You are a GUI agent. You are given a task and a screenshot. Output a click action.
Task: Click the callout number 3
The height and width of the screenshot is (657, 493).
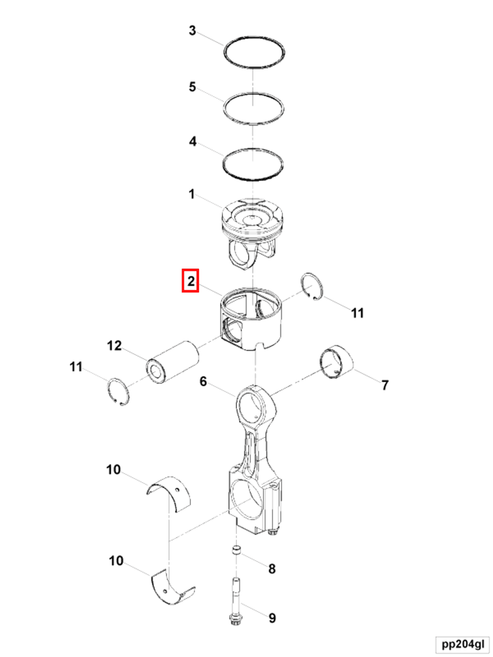192,31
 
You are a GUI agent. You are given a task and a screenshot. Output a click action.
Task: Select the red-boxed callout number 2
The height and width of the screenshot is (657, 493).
190,281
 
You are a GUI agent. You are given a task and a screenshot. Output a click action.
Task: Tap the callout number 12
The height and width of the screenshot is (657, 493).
114,346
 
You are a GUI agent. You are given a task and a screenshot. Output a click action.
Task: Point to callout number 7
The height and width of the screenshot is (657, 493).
385,385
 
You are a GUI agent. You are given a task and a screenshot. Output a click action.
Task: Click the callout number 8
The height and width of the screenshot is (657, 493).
272,569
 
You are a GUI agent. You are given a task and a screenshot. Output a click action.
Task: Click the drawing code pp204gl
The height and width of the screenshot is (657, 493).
463,645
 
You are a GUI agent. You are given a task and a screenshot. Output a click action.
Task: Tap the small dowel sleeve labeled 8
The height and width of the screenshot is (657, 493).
236,550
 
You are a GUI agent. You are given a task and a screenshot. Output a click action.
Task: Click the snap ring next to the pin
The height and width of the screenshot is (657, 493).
118,392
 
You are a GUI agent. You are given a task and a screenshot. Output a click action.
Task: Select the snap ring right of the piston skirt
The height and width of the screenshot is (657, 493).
312,286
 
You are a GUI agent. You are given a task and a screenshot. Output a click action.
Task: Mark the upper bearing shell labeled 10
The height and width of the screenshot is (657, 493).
169,492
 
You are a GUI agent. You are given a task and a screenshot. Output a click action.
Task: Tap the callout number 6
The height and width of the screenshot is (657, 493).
203,382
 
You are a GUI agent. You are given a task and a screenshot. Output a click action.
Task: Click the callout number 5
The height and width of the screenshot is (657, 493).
192,87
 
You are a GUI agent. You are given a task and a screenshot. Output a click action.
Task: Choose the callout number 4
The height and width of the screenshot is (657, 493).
193,141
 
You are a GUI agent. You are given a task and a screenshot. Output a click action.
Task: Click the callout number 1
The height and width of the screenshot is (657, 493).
192,194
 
